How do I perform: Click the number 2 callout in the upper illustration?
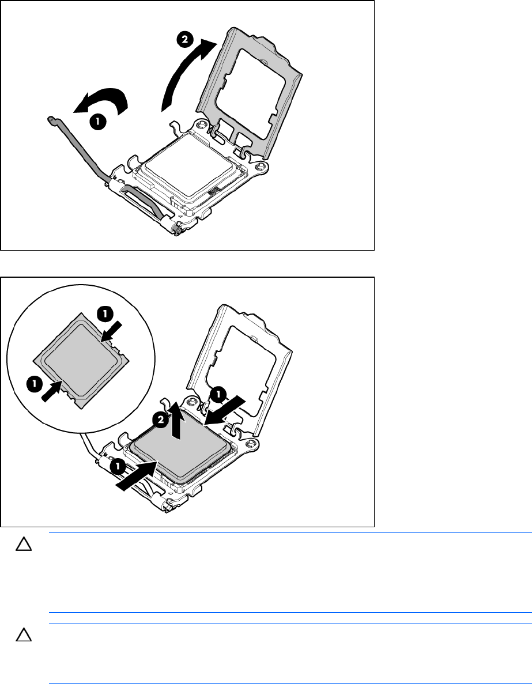[184, 40]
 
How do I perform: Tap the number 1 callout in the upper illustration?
[98, 122]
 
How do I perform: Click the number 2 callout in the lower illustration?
[161, 420]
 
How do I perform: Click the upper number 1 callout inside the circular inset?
[105, 313]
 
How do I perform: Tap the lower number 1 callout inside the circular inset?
[35, 384]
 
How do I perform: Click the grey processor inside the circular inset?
[82, 360]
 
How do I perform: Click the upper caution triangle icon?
[24, 545]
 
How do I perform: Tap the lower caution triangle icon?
[24, 635]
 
